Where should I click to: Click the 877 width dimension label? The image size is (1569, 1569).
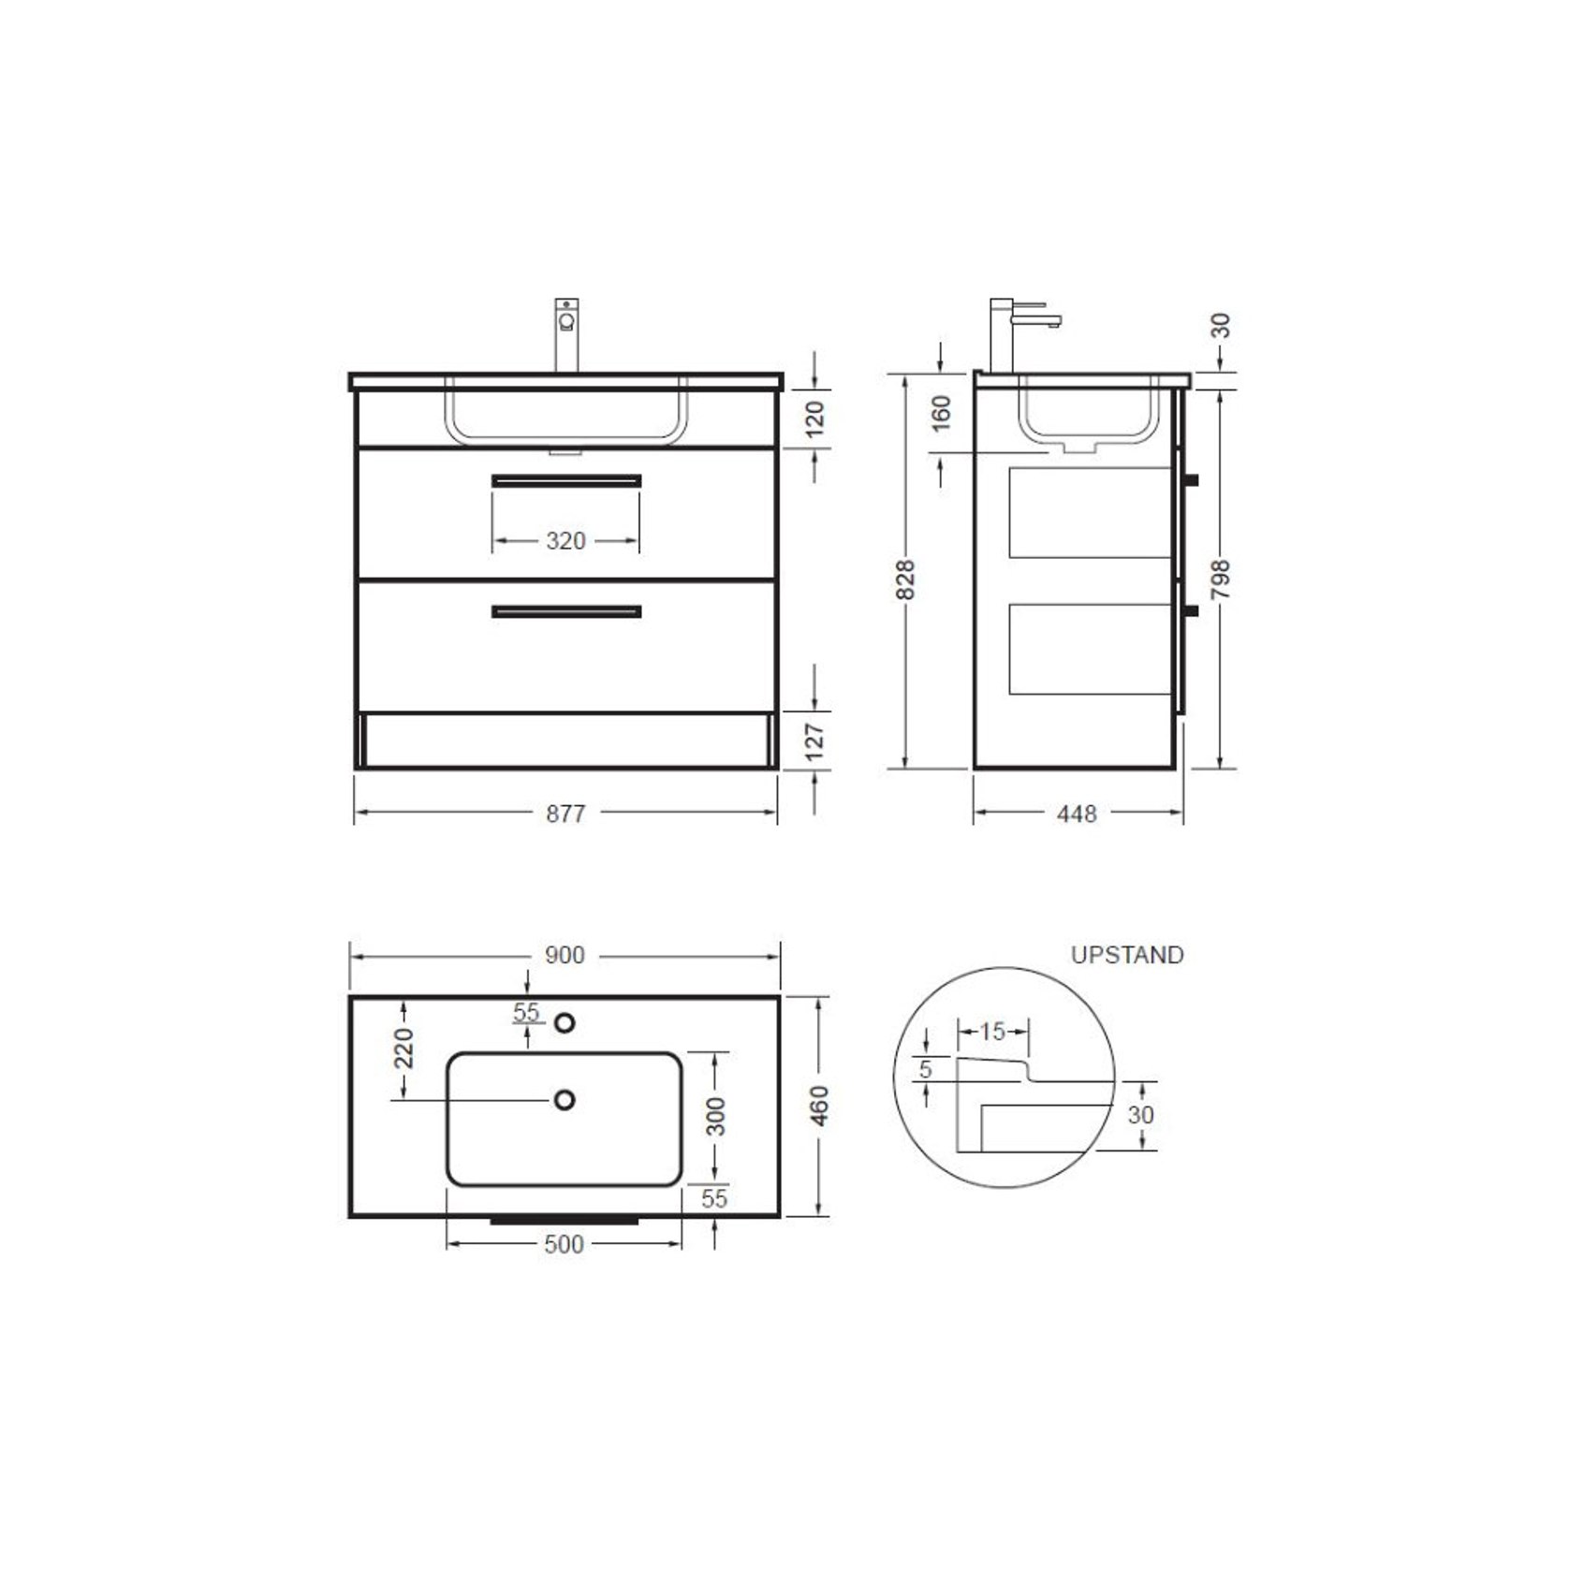[x=565, y=814]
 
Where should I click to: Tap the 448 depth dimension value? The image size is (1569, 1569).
[x=1077, y=814]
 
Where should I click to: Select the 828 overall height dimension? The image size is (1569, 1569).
[x=905, y=579]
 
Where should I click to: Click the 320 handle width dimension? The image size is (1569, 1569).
[x=565, y=541]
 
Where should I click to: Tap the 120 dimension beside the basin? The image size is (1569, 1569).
[x=814, y=418]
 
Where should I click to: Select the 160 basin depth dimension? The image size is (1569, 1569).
[x=941, y=413]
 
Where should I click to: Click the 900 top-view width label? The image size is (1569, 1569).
[x=565, y=955]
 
